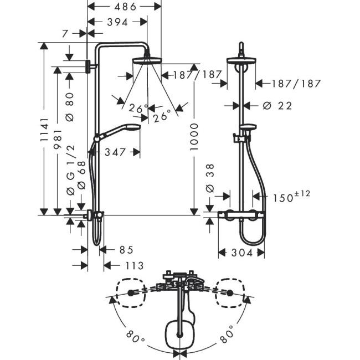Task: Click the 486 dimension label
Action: click(125, 7)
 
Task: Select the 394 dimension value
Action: click(117, 22)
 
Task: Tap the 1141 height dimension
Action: click(44, 130)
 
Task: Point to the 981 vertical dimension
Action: click(58, 139)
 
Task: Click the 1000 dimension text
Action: click(194, 137)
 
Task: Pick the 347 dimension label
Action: click(115, 152)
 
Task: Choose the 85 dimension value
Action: click(126, 250)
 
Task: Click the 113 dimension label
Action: click(135, 266)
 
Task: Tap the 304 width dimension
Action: click(242, 253)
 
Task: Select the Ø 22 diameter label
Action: click(277, 106)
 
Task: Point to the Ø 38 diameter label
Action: click(210, 178)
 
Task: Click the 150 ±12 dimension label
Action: click(291, 197)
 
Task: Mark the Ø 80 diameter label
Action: click(70, 107)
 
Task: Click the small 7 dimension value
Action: click(65, 34)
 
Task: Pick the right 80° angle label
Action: click(227, 334)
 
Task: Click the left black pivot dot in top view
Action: click(131, 293)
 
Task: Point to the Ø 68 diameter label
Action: click(81, 175)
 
